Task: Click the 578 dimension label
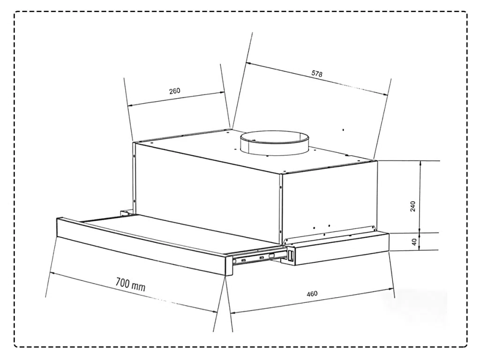tap(317, 74)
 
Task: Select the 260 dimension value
tap(175, 91)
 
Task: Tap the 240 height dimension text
tap(413, 206)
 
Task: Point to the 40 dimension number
tap(414, 242)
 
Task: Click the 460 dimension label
tap(312, 294)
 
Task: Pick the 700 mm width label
tap(130, 285)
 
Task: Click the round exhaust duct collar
tap(275, 143)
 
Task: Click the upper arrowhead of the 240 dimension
tap(420, 163)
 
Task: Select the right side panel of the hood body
tap(330, 202)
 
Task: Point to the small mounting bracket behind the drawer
tap(126, 213)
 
